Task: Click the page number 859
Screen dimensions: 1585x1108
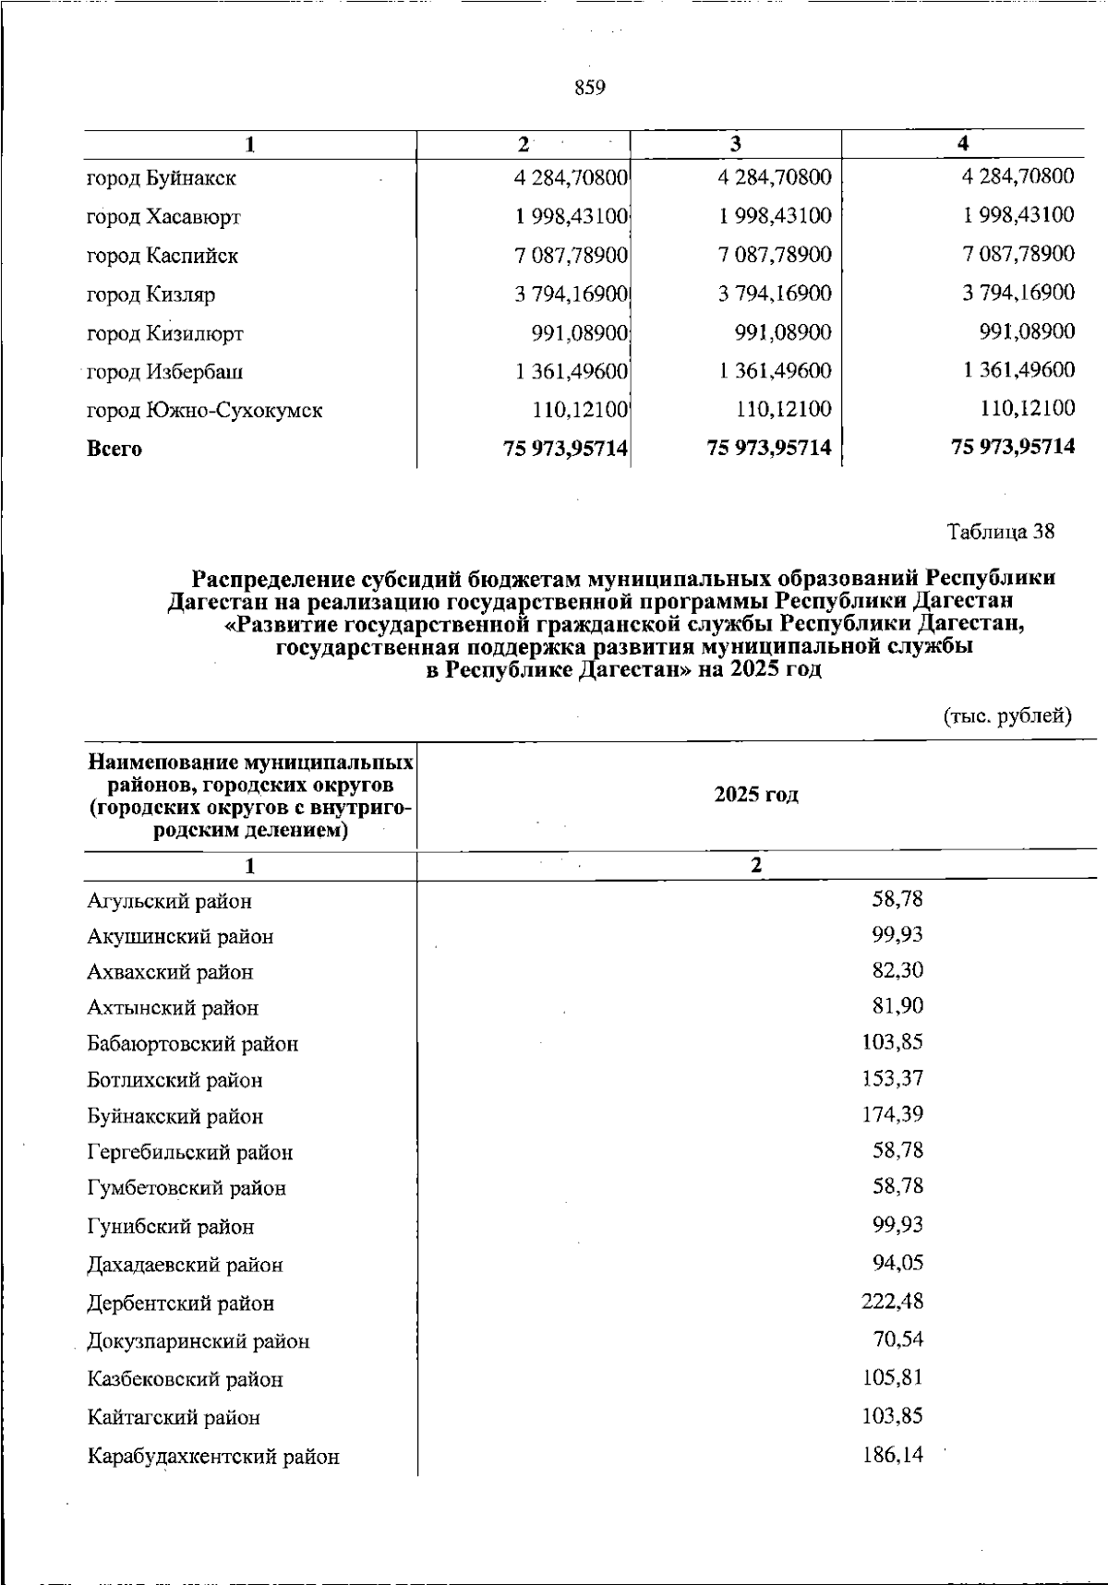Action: coord(589,88)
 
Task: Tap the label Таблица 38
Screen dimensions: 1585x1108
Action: coord(1000,532)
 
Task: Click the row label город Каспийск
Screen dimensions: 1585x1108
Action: coord(162,256)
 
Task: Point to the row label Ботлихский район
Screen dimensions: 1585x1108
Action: coord(175,1080)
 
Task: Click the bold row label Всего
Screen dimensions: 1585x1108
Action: coord(114,450)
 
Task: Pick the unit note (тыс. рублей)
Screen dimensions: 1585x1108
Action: coord(1006,715)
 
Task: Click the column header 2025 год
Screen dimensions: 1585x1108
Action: coord(756,795)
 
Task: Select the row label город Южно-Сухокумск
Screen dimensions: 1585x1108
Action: coord(204,410)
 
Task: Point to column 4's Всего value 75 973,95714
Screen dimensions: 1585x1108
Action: coord(1013,447)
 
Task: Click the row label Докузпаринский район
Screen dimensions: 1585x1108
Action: coord(198,1341)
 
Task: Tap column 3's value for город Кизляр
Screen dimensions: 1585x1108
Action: coord(775,294)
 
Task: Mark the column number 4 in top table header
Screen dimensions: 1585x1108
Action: coord(963,143)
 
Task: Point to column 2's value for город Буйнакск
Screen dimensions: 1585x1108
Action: coord(572,177)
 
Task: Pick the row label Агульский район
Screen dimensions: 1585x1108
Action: coord(169,901)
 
